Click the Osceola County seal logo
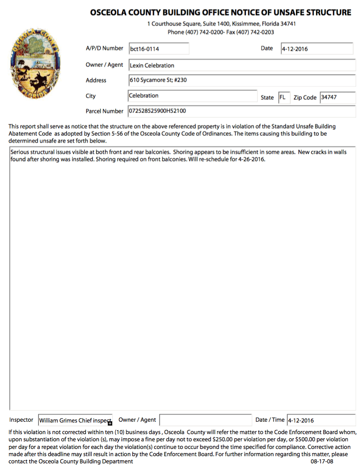(35, 64)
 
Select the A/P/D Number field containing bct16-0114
(159, 49)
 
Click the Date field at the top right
(317, 49)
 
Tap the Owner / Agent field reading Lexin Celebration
(242, 65)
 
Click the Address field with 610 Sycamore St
(242, 80)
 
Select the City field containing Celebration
(192, 96)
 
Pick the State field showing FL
(284, 97)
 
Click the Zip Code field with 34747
(337, 97)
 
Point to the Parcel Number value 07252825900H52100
(157, 111)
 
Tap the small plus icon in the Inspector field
(110, 423)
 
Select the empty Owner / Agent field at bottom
(205, 420)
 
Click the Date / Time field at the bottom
(321, 420)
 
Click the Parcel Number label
(105, 111)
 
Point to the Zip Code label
(305, 98)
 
